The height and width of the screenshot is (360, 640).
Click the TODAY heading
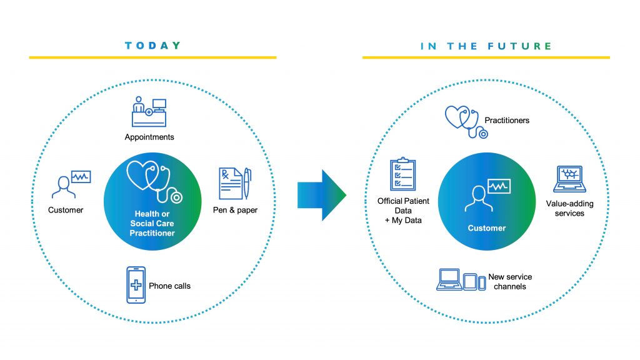coord(152,45)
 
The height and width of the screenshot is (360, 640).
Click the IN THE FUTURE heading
coord(486,46)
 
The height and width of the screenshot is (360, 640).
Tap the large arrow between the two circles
coord(322,195)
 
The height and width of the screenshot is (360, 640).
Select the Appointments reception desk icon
coord(149,112)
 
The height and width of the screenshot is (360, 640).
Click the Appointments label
coord(149,137)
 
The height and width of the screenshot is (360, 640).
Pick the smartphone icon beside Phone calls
coord(136,285)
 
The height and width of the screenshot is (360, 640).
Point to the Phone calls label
coord(169,286)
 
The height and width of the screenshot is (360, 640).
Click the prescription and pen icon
coord(235,184)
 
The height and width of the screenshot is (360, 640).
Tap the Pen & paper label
coord(235,210)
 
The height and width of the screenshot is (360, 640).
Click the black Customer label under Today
coord(66,210)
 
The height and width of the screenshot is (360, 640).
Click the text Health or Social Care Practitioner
coord(152,223)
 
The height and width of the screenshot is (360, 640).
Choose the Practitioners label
coord(507,121)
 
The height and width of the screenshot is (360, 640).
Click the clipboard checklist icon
coord(403,174)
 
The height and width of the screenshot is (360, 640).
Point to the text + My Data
coord(403,221)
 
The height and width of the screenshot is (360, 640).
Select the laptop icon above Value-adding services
coord(569,179)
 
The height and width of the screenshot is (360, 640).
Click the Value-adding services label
coord(569,209)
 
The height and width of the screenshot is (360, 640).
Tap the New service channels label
coord(510,282)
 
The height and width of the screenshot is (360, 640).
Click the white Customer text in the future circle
coord(486,228)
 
